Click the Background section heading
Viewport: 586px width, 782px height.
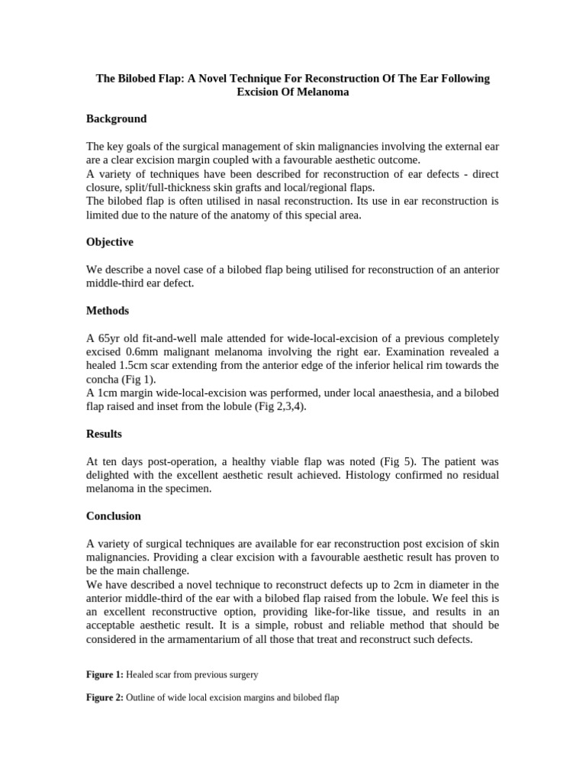[116, 119]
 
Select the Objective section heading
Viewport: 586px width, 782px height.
[109, 242]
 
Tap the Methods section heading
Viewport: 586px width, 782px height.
[107, 311]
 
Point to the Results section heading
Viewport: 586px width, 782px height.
[104, 434]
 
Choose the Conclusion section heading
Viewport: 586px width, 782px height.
[114, 516]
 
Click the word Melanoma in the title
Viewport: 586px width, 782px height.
[321, 92]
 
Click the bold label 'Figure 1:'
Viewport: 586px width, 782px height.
[105, 674]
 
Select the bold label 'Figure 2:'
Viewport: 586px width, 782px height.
[105, 697]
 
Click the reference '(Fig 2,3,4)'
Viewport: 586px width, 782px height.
[281, 407]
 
